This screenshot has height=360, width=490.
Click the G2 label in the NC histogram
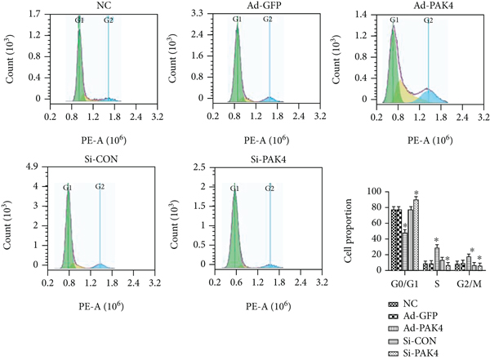tap(109, 19)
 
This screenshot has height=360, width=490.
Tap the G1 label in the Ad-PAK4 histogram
tap(394, 19)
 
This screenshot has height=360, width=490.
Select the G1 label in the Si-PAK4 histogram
tap(234, 189)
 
